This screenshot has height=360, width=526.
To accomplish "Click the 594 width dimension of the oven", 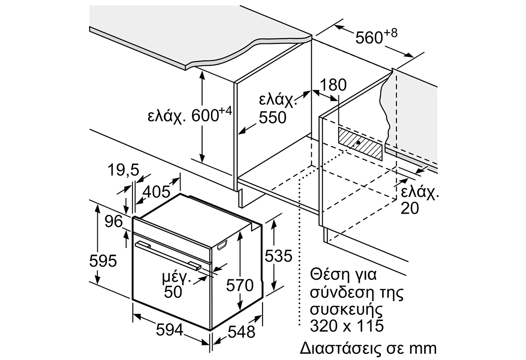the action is (x=170, y=329).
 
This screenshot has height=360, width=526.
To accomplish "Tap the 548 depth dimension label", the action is (x=242, y=332).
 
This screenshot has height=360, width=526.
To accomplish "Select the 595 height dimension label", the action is (x=103, y=260).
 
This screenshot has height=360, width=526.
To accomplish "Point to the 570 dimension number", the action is (x=240, y=285).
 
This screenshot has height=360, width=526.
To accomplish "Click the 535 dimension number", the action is (x=278, y=256).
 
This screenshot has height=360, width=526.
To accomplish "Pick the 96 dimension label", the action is (x=114, y=221).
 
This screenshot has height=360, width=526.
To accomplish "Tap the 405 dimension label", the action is (x=156, y=192).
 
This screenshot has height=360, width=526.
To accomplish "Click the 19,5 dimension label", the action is (x=124, y=170).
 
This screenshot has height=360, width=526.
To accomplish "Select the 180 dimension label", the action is (x=333, y=85).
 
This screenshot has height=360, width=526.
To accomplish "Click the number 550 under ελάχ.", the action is (x=273, y=118).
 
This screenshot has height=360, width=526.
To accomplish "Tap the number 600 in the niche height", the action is (x=205, y=115).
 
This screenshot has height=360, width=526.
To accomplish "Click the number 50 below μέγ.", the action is (x=173, y=292).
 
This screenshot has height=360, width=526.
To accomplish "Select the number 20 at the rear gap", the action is (x=409, y=208).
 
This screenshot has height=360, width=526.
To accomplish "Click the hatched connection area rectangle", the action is (x=360, y=143).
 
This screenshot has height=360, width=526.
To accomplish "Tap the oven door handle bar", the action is (x=168, y=256).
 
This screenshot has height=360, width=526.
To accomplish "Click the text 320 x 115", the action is (x=347, y=325).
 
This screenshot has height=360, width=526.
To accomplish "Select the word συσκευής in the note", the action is (x=346, y=310).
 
